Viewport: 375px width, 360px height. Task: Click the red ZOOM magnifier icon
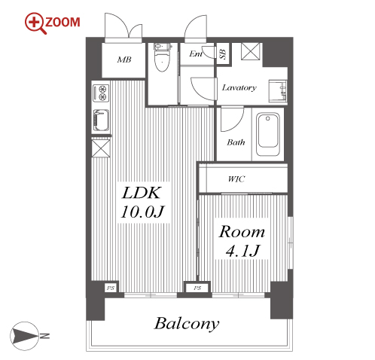pos(35,23)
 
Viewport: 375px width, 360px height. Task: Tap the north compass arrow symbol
pos(24,336)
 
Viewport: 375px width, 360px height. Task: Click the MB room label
pos(124,59)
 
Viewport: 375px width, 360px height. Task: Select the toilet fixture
pos(163,57)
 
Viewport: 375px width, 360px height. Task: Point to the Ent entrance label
pos(196,53)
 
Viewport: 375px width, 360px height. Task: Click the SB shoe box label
pos(223,54)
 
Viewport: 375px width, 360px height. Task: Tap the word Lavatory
pos(239,87)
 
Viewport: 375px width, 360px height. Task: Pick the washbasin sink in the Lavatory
pos(278,91)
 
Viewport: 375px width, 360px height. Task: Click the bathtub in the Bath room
pos(268,134)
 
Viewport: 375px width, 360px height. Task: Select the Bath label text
pos(236,142)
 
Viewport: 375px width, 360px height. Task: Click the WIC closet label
pos(236,179)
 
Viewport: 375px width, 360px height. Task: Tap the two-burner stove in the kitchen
pos(101,93)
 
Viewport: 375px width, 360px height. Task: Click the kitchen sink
pos(101,121)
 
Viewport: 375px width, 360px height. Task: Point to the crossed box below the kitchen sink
pos(101,148)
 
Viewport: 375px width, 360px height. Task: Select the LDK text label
pos(141,193)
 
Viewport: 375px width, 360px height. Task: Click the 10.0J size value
pos(142,212)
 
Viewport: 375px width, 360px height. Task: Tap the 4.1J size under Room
pos(242,251)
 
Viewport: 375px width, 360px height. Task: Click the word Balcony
pos(187,324)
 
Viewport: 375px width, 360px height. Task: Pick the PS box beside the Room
pos(197,288)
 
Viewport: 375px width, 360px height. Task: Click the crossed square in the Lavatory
pos(251,51)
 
